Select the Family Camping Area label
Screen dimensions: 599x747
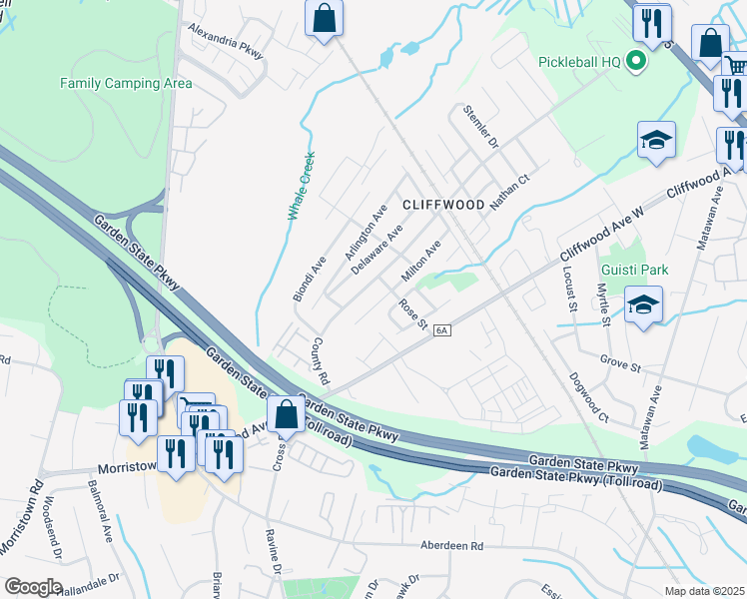(126, 83)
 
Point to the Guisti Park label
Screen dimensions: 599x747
(634, 270)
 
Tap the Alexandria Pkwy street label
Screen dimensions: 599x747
(227, 43)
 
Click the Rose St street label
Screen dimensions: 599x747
(412, 313)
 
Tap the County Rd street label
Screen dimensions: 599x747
(320, 360)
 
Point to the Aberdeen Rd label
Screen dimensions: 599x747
(450, 546)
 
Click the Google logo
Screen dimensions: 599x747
(33, 587)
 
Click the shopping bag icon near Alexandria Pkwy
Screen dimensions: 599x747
(325, 18)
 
